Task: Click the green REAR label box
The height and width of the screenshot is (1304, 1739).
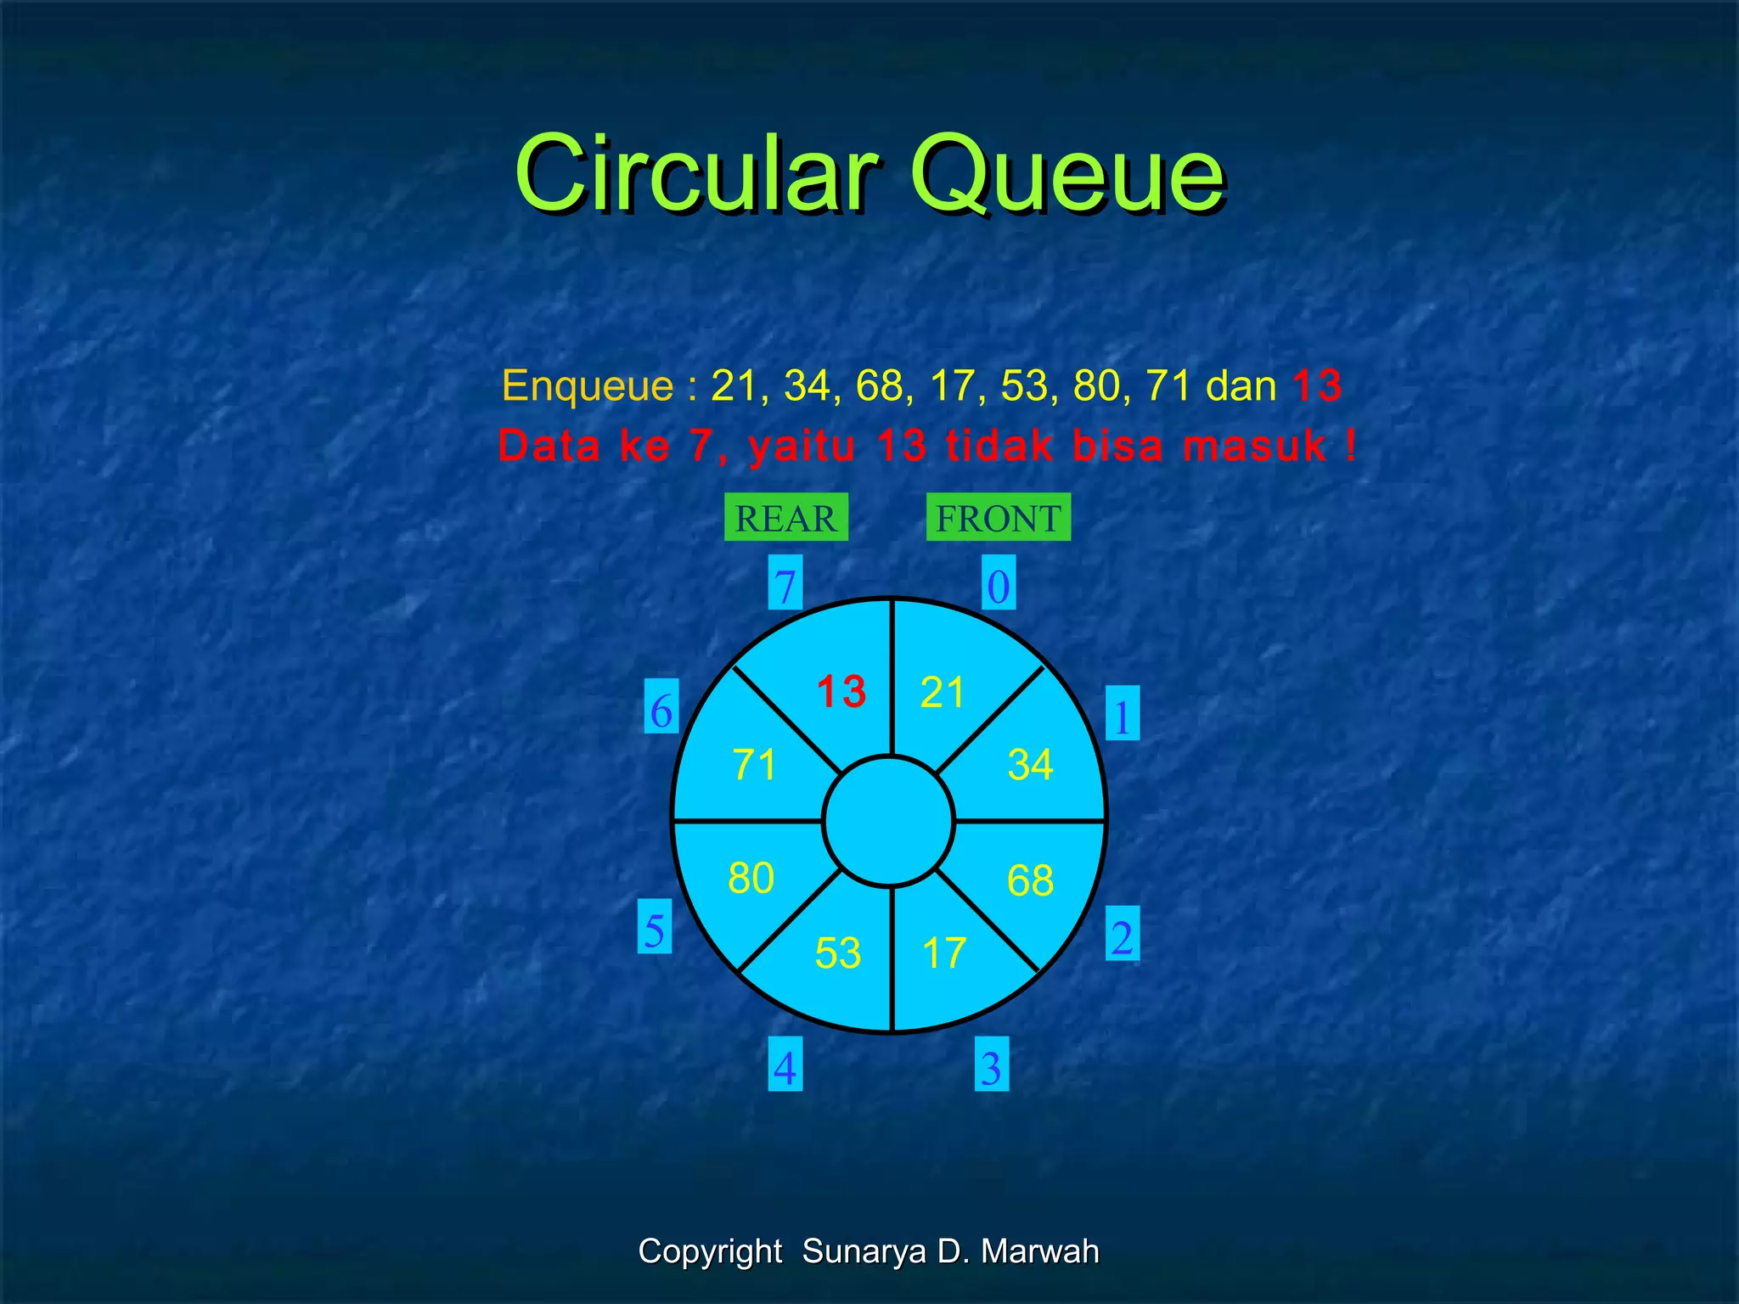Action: click(785, 517)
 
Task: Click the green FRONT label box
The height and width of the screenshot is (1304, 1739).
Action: click(998, 517)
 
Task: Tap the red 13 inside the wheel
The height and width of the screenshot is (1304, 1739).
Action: click(841, 691)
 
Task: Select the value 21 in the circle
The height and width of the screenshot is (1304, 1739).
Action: click(942, 692)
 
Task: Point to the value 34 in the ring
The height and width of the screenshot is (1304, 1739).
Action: click(1030, 764)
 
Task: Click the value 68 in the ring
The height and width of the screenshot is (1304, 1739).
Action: click(1030, 880)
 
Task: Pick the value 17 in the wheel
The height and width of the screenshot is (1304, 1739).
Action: click(943, 953)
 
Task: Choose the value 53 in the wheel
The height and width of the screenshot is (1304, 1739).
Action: click(837, 953)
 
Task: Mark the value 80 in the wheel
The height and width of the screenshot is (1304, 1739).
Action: click(751, 878)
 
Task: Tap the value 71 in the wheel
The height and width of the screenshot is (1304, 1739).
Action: click(754, 764)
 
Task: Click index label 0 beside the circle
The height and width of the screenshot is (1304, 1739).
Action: click(999, 584)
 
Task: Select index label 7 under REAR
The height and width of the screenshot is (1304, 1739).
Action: click(785, 584)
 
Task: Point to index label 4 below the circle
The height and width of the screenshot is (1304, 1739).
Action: click(785, 1065)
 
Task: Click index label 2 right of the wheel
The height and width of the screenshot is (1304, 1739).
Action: click(1122, 935)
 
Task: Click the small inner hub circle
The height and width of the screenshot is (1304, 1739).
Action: click(889, 821)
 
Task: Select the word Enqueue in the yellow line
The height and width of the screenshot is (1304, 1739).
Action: click(587, 385)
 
